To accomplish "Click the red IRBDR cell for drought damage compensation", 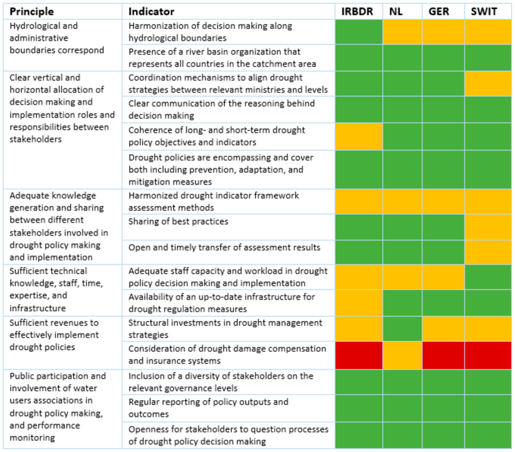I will [359, 355].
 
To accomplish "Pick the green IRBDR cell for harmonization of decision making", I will [359, 32].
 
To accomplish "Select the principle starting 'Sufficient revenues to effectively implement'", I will [54, 335].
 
